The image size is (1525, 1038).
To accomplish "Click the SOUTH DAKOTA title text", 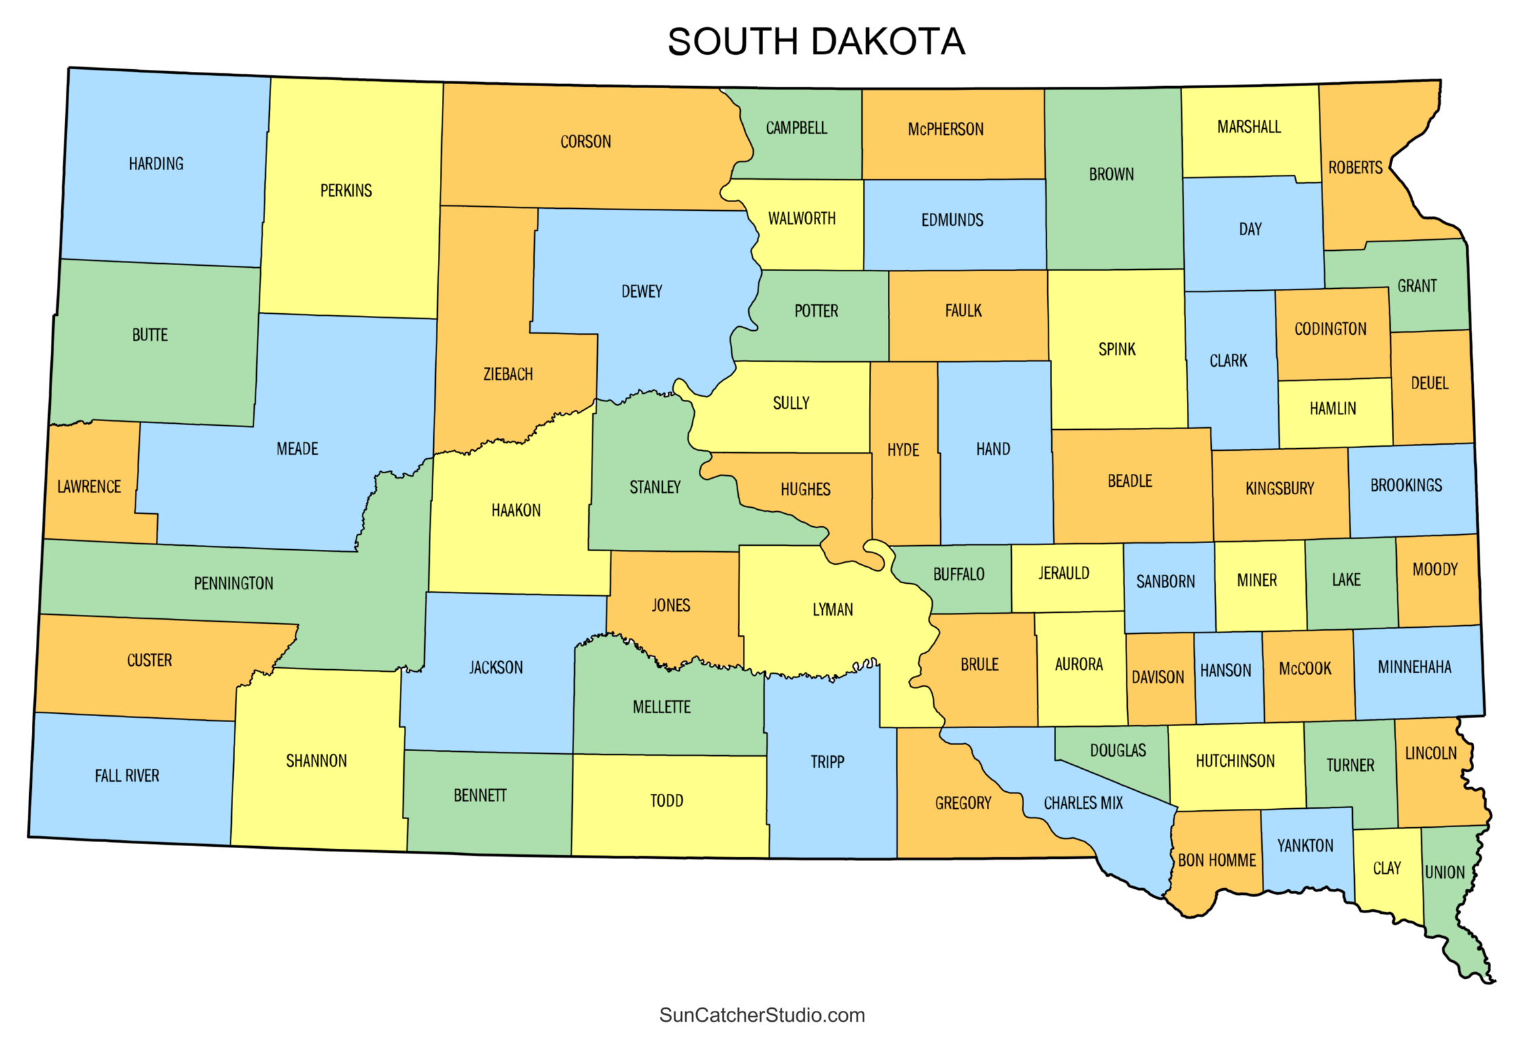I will click(x=815, y=42).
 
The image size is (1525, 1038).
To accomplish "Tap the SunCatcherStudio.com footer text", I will click(x=762, y=1015).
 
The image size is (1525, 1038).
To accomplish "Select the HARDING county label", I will click(x=156, y=164).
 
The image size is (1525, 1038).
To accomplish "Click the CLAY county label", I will click(x=1387, y=869).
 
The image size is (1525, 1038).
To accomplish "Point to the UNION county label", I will click(x=1444, y=873).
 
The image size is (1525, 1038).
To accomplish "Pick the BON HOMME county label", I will click(x=1217, y=860).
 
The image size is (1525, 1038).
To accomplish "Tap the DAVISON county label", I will click(x=1158, y=677).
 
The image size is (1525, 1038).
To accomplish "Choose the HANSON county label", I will click(x=1225, y=671).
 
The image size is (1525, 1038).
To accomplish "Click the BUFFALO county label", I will click(x=958, y=575).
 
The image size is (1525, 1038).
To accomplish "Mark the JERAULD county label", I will click(x=1063, y=574).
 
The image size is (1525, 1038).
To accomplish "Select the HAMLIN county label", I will click(x=1333, y=409).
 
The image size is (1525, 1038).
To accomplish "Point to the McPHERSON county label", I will click(x=945, y=129).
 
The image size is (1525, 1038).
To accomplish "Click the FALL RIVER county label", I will click(x=127, y=776).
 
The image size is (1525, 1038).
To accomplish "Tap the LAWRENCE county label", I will click(x=89, y=487).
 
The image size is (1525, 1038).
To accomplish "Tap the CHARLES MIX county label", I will click(x=1083, y=803).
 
